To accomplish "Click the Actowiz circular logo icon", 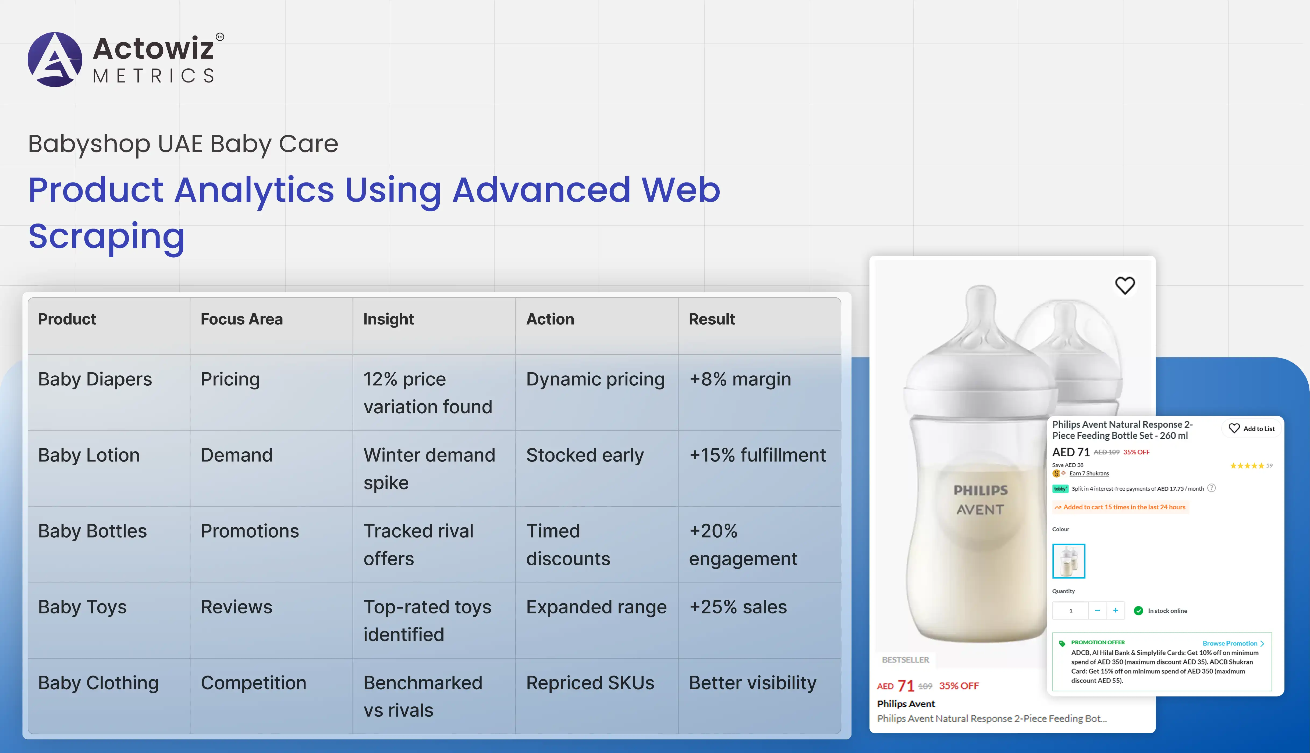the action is [x=55, y=59].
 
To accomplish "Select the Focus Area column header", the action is [x=242, y=319].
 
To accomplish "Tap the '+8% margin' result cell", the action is [x=740, y=379].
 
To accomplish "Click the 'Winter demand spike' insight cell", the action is [x=429, y=468].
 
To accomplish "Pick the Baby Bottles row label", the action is [x=93, y=531].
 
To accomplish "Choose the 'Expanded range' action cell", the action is [x=596, y=607].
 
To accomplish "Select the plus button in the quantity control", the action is [x=1116, y=611].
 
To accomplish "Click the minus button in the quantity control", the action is [x=1098, y=611].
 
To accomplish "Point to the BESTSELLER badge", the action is [x=906, y=660].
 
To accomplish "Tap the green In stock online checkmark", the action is [x=1138, y=611].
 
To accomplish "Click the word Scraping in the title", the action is [x=106, y=236].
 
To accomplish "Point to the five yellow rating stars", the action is [x=1247, y=466].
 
